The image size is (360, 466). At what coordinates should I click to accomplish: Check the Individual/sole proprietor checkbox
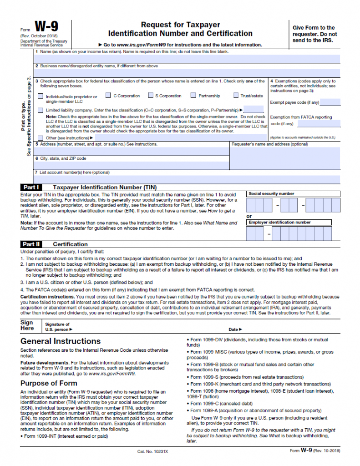tap(41, 96)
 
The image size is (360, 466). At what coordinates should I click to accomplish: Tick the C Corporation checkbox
tap(108, 96)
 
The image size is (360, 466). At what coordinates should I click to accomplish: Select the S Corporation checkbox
tap(150, 96)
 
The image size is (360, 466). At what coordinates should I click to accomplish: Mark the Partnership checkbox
tap(193, 96)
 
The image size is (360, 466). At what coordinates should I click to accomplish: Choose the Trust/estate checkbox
tap(236, 96)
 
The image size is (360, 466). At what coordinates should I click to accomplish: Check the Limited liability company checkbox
tap(41, 110)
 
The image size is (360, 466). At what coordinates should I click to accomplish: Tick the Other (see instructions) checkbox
tap(41, 138)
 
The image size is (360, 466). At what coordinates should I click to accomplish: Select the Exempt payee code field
tap(330, 102)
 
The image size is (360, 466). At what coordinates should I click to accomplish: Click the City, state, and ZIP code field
tap(132, 166)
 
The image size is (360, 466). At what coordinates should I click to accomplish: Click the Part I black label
tap(31, 187)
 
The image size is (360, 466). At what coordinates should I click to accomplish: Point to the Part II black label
tap(31, 244)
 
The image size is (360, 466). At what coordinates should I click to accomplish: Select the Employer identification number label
tap(279, 223)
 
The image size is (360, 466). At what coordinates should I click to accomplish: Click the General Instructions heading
tap(61, 341)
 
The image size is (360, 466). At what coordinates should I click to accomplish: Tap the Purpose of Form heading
tap(49, 383)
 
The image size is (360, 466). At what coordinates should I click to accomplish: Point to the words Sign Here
tap(27, 325)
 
